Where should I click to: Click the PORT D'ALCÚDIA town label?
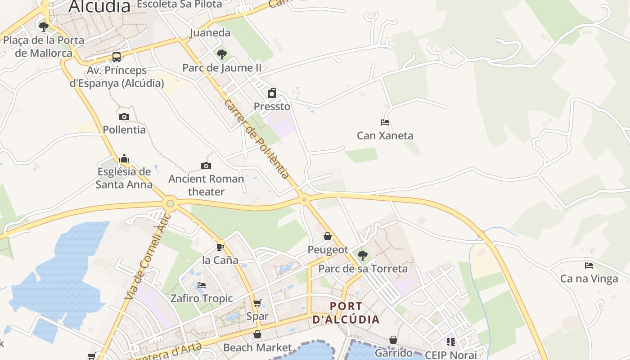pos(346,313)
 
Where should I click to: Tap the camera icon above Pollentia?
pos(124,117)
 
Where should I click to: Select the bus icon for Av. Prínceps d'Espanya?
pos(117,57)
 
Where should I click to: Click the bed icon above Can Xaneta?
pos(385,122)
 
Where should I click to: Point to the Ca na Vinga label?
pos(589,279)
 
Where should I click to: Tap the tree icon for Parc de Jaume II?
pos(221,54)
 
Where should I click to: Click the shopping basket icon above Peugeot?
pos(328,236)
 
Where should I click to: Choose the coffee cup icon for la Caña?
pos(220,247)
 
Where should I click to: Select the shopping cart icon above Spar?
pos(257,303)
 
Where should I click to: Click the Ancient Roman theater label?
pos(206,185)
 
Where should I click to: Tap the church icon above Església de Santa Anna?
pos(124,158)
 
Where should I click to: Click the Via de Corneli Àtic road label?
pos(148,256)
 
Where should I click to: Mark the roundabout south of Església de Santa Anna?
pos(170,203)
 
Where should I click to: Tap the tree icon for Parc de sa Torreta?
pos(363,256)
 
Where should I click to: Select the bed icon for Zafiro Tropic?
pos(202,285)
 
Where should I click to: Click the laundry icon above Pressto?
pos(272,94)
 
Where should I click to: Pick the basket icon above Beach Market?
pos(257,334)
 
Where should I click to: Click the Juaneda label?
pos(210,32)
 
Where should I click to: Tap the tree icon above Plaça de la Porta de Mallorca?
pos(44,27)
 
